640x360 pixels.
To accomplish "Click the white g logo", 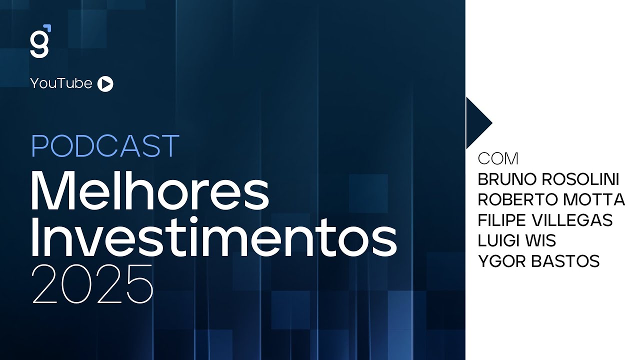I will pos(39,44).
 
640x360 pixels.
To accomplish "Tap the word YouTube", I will pos(61,83).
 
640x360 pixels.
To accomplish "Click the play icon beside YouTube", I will pos(105,84).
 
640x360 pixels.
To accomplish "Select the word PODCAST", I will pos(105,146).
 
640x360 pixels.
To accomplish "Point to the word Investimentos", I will pos(214,239).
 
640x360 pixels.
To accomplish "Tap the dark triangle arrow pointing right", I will pos(477,122).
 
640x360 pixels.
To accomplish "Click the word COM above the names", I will pos(498,159).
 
